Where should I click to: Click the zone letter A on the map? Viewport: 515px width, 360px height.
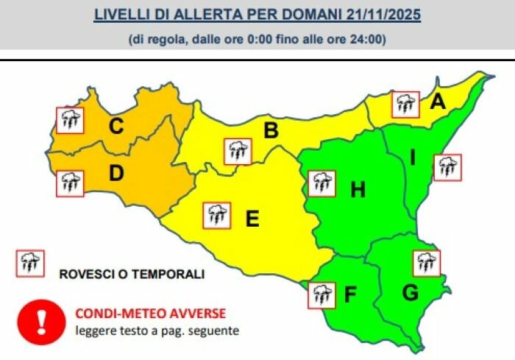tap(438, 105)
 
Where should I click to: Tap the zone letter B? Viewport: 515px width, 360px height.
tap(271, 132)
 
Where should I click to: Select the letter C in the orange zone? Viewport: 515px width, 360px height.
tap(116, 127)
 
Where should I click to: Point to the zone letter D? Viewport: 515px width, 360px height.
tap(116, 174)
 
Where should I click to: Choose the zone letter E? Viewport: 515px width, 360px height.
tap(252, 219)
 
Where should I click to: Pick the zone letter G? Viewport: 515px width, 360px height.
tap(411, 293)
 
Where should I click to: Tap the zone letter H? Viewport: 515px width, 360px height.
tap(358, 191)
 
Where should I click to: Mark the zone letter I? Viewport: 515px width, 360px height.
tap(413, 158)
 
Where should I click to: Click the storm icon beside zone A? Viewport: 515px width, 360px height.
tap(405, 105)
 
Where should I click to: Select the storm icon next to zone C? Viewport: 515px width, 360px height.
tap(71, 119)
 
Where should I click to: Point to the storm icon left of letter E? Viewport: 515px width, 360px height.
tap(216, 216)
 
